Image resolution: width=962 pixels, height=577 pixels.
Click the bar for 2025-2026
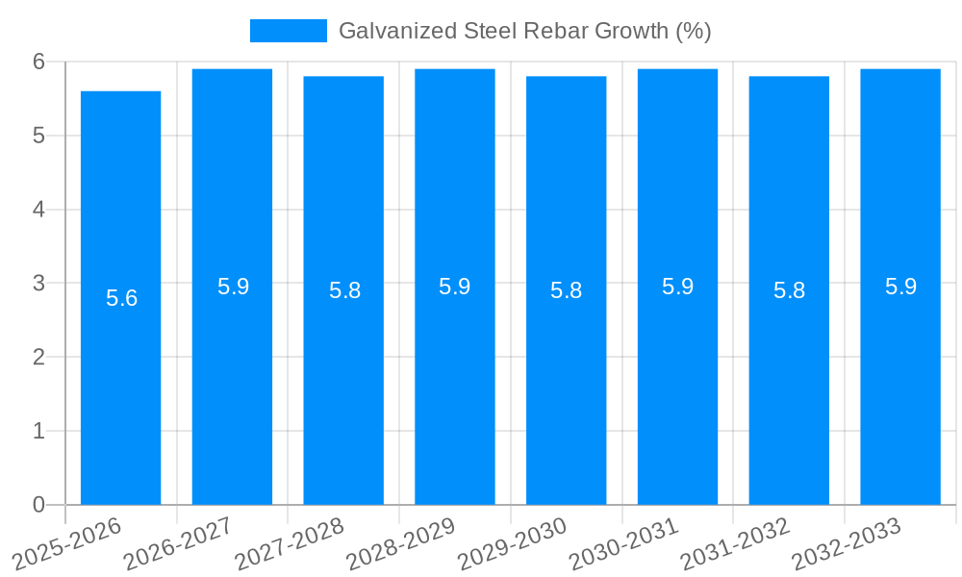click(120, 298)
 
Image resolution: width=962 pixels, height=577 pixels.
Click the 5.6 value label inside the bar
click(121, 298)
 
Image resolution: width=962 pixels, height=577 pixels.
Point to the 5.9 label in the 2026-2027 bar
click(233, 287)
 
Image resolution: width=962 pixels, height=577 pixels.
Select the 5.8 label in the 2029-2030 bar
click(566, 290)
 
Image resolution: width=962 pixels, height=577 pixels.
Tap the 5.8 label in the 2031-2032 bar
click(789, 290)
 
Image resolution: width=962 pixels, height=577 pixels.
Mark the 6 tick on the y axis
click(38, 62)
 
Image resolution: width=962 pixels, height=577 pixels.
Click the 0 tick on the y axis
click(38, 505)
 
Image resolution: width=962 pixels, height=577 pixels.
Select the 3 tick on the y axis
click(38, 284)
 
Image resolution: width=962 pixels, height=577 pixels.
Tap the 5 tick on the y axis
click(38, 136)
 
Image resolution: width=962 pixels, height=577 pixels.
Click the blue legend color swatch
click(288, 31)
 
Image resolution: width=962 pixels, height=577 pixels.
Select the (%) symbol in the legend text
click(693, 31)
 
